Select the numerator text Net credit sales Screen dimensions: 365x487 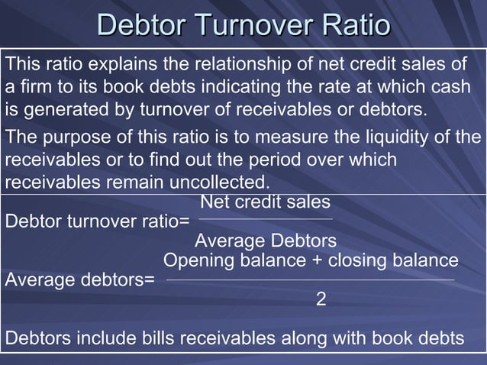coord(265,202)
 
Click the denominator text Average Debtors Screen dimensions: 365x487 coord(266,241)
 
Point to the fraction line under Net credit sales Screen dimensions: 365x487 coord(266,220)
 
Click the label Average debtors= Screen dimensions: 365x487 coord(79,279)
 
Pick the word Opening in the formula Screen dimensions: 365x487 coord(195,260)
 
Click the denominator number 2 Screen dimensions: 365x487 coord(321,299)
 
